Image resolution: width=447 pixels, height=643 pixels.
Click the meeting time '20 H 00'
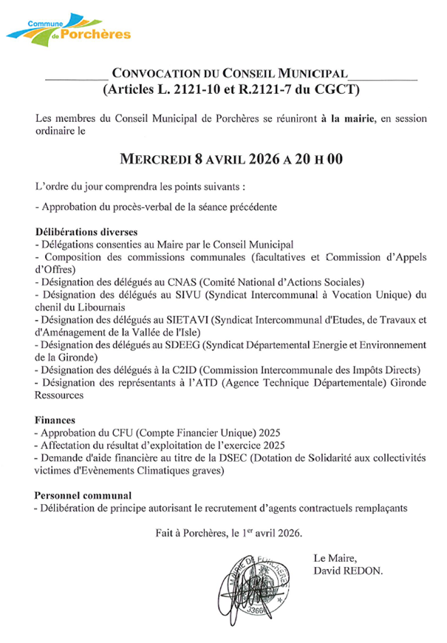click(318, 160)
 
